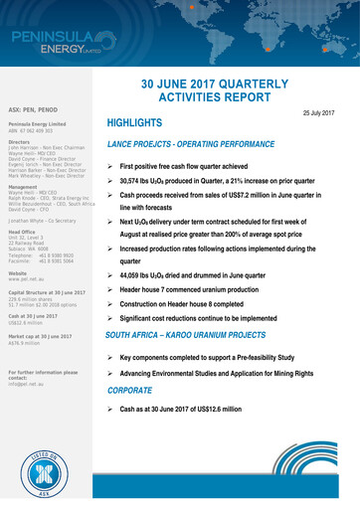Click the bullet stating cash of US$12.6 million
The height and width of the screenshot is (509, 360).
coord(195,409)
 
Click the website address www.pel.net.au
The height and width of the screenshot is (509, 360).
coord(24,250)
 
